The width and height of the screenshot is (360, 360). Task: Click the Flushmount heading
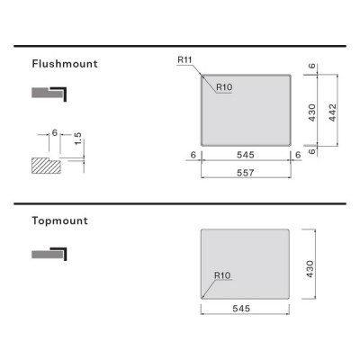(x=65, y=64)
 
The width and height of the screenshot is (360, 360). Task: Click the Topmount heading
(x=60, y=220)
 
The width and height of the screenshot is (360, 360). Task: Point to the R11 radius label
(x=184, y=59)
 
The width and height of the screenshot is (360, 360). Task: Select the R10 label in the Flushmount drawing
(x=224, y=87)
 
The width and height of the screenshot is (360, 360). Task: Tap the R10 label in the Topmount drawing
(x=222, y=275)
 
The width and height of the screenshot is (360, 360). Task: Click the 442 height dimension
(x=332, y=112)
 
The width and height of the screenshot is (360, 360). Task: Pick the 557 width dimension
(x=246, y=173)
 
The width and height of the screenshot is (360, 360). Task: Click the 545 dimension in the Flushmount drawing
(x=246, y=155)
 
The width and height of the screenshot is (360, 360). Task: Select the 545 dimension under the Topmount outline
(x=241, y=309)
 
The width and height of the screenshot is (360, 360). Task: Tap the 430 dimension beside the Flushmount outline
(x=312, y=112)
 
